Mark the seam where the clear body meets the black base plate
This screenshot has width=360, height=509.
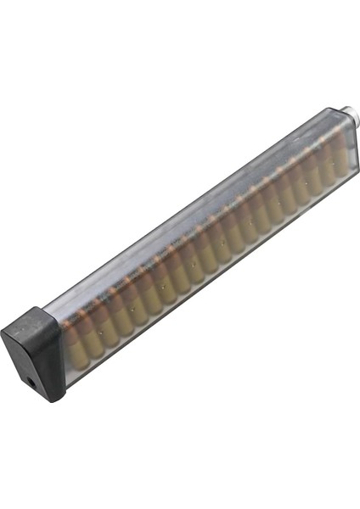click(58, 339)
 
